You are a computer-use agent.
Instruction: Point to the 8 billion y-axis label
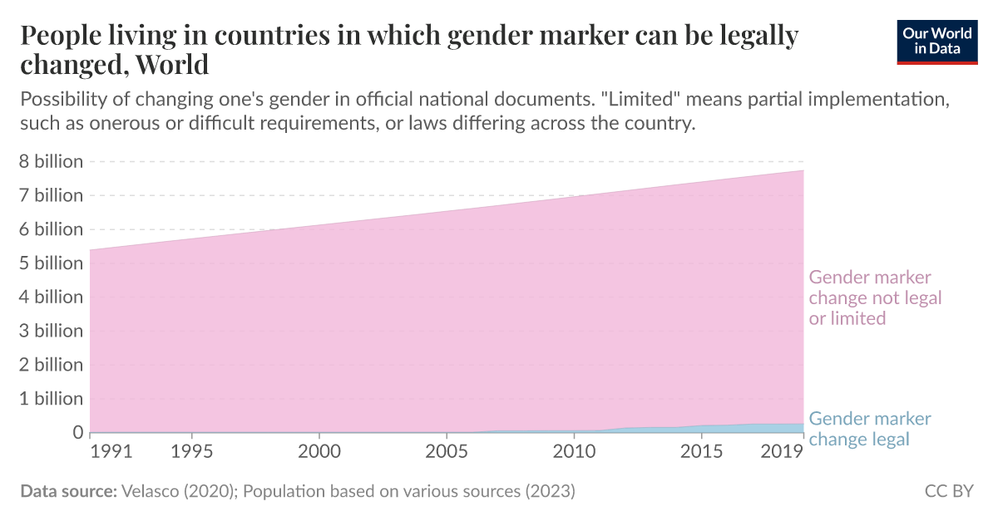point(51,161)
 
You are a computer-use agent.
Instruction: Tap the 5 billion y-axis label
point(51,263)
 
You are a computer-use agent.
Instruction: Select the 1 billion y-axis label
point(51,398)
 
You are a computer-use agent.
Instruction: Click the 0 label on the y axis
point(78,432)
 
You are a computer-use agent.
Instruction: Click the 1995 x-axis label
point(192,454)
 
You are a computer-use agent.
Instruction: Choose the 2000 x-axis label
point(319,454)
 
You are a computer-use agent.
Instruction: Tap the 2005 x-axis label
point(447,454)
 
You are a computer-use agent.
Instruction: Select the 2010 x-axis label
point(574,454)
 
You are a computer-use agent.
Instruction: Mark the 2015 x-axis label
point(701,454)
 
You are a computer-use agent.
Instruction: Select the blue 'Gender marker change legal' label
point(870,429)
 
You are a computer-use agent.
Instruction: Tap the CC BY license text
point(949,491)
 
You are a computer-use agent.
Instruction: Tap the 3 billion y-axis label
point(51,331)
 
